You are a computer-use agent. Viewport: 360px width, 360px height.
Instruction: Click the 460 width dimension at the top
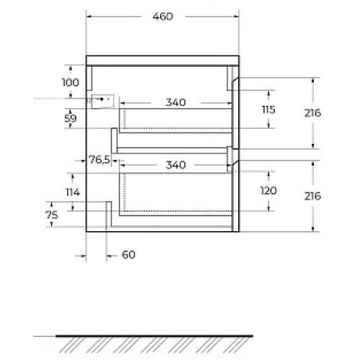(163, 17)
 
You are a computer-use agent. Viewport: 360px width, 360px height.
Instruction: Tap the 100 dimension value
(71, 83)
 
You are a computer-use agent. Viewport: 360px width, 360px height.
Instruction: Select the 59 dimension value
(71, 118)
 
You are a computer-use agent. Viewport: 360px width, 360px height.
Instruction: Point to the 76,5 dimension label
(99, 159)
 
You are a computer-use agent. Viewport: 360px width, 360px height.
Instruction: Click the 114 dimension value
(73, 192)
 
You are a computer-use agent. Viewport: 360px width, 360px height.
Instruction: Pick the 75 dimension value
(52, 215)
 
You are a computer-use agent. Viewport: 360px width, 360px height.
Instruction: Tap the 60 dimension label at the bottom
(129, 255)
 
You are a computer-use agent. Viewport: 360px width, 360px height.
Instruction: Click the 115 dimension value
(269, 109)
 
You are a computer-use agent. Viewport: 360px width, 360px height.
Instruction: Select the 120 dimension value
(269, 191)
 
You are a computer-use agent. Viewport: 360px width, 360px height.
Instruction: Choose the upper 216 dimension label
(312, 113)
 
